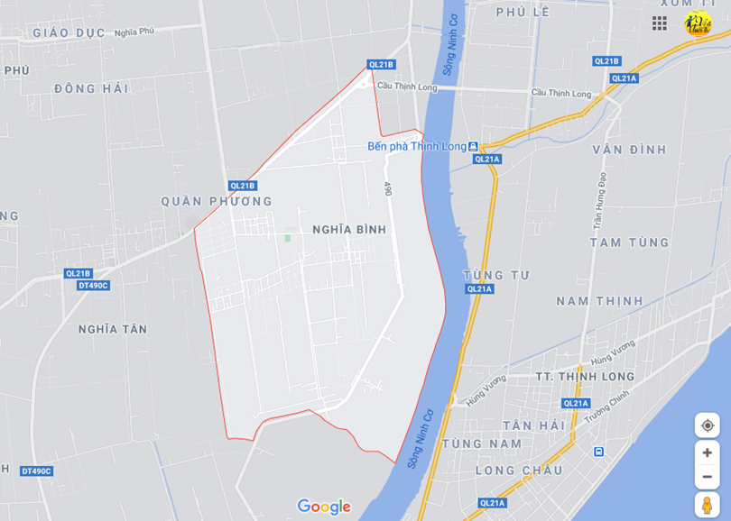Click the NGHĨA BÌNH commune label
click(349, 230)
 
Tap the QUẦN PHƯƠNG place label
click(204, 201)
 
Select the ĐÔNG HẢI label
click(91, 88)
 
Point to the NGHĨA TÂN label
click(112, 329)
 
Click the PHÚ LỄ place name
click(523, 13)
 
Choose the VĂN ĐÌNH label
click(629, 149)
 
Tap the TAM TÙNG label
click(630, 242)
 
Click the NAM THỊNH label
click(599, 300)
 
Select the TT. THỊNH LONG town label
click(585, 376)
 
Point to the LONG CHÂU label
click(518, 471)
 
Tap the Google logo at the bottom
click(324, 507)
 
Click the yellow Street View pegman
click(707, 504)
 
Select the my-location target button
click(707, 425)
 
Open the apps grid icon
click(660, 23)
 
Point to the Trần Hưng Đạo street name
click(597, 203)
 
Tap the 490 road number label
click(388, 189)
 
